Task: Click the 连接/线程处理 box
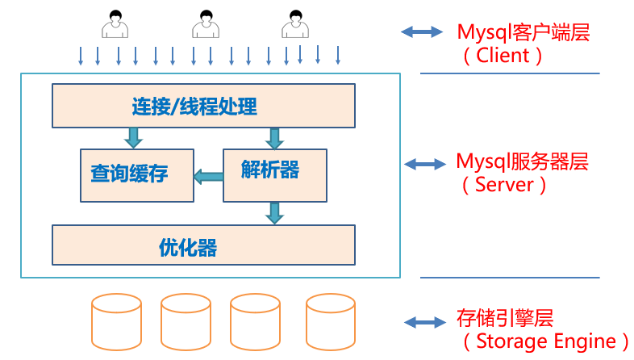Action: coord(203,106)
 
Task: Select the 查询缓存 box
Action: coord(137,174)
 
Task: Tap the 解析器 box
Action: coord(275,174)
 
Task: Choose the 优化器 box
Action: coord(203,245)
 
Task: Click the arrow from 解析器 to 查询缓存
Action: coord(208,176)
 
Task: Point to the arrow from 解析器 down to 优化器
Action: coord(275,212)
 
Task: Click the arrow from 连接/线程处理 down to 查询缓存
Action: coord(133,137)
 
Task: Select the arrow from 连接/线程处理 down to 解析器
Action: coord(274,138)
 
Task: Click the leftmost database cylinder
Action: coord(117,321)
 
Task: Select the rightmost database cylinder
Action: coord(331,321)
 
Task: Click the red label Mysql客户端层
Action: coord(523,33)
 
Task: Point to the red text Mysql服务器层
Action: coord(523,161)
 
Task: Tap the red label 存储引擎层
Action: coord(506,317)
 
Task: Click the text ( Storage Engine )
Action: coord(544,341)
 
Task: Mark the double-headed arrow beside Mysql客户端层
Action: coord(423,32)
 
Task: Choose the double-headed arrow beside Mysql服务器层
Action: coord(424,164)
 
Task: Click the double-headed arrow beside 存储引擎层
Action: coord(424,322)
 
